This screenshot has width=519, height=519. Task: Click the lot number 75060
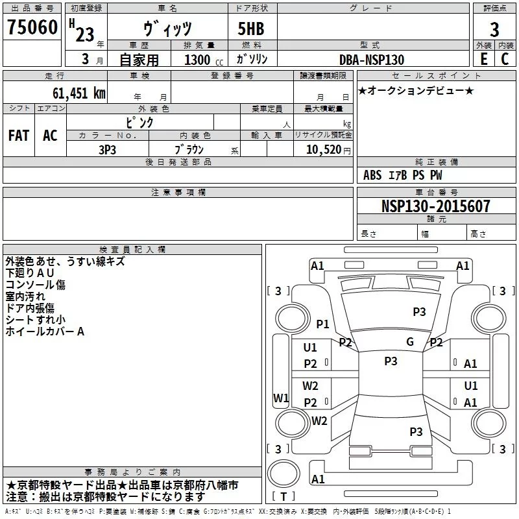click(x=32, y=27)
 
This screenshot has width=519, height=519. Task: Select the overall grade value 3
click(x=494, y=30)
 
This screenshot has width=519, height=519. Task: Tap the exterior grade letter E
click(x=484, y=59)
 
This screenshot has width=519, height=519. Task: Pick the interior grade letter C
click(x=505, y=59)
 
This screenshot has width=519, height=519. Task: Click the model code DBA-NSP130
click(x=372, y=60)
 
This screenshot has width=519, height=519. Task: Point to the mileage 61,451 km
click(x=79, y=93)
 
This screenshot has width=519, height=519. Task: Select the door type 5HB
click(x=251, y=29)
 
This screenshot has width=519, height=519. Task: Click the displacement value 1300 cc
click(x=204, y=60)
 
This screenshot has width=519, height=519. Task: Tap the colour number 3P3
click(x=107, y=150)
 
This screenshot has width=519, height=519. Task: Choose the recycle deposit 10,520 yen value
click(x=328, y=150)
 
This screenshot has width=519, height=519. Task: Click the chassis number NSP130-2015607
click(x=435, y=206)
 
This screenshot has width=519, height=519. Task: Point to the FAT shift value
click(x=19, y=136)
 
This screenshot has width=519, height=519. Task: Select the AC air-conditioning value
click(x=50, y=136)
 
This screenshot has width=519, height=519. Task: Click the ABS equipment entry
click(x=372, y=175)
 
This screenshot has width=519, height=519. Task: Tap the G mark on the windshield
click(x=410, y=342)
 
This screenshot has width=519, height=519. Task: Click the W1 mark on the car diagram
click(x=281, y=398)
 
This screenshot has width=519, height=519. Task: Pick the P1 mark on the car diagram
click(x=322, y=324)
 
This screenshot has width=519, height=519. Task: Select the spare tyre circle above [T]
click(x=284, y=474)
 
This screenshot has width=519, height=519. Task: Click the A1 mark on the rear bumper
click(x=318, y=479)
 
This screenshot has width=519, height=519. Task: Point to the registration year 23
click(x=85, y=34)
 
